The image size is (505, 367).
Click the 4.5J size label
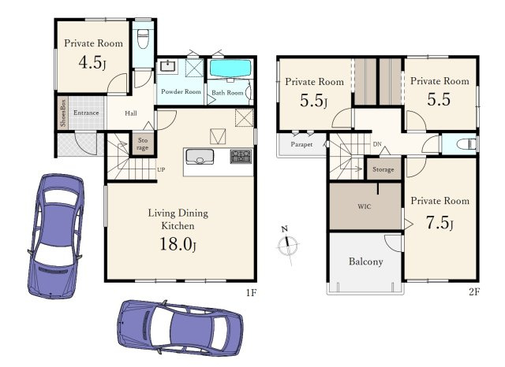tap(92, 62)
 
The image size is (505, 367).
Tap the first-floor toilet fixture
tap(143, 39)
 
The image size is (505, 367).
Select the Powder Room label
tap(181, 91)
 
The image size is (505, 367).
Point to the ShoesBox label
tap(63, 113)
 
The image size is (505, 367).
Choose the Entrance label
tap(86, 113)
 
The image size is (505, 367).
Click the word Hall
tap(131, 113)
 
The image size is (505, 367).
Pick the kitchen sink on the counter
tap(200, 157)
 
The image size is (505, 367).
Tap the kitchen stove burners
tap(241, 156)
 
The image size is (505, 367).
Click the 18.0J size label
tap(178, 244)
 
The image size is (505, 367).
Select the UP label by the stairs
tap(161, 169)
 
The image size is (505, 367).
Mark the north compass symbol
tap(287, 245)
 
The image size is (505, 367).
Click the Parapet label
tap(301, 145)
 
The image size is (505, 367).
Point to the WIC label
tap(365, 206)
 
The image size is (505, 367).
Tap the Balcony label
tap(366, 261)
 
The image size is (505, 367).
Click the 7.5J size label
tap(440, 222)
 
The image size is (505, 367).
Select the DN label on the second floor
tap(377, 144)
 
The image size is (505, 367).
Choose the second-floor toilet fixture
tap(466, 143)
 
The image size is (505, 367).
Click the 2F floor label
tap(474, 292)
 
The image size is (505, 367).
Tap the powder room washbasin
tap(167, 66)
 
